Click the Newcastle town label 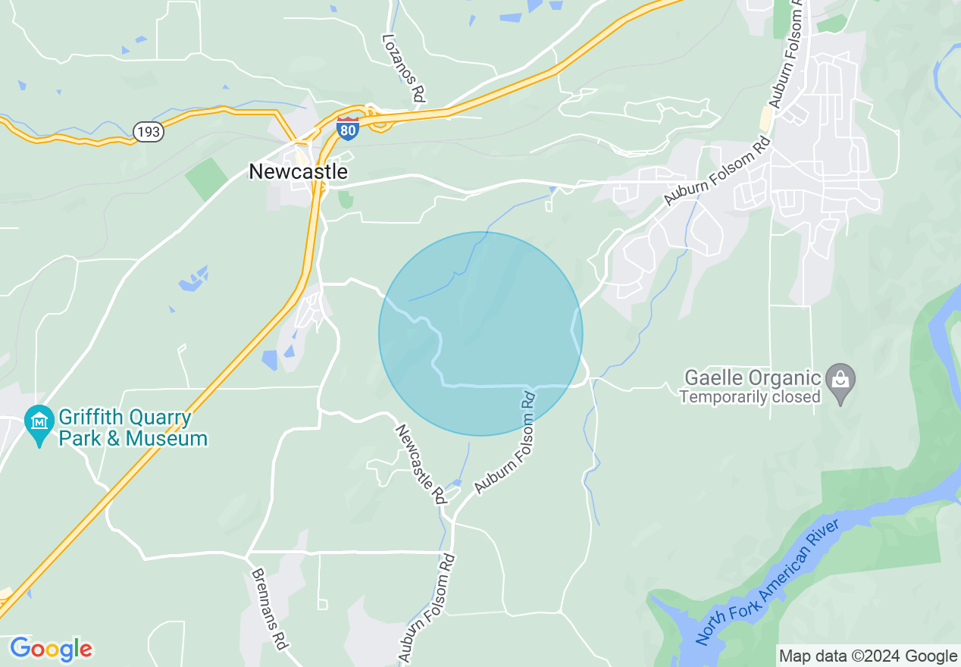tap(298, 172)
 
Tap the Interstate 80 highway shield tap(348, 129)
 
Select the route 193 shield tap(149, 132)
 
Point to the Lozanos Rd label tap(403, 67)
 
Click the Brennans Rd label tap(269, 609)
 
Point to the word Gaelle tap(715, 377)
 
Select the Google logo tap(51, 649)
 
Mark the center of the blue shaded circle tap(480, 333)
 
